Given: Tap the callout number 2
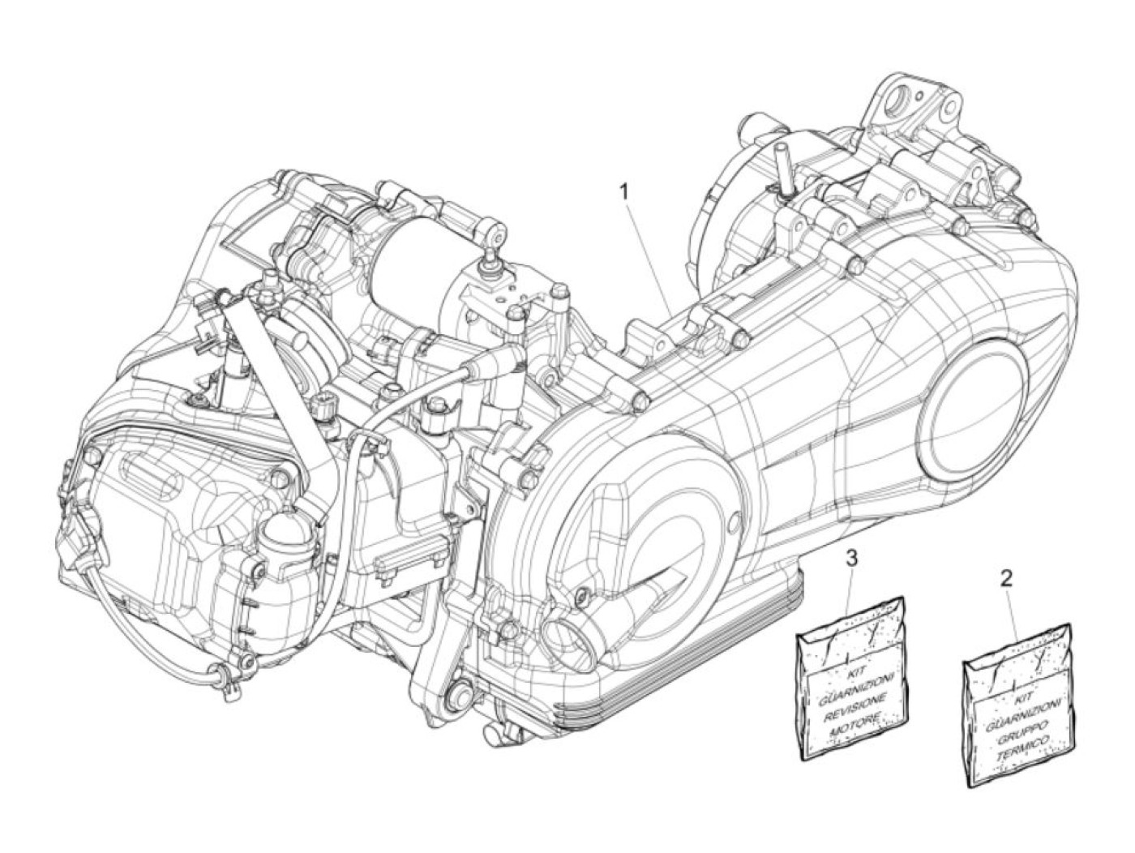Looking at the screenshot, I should [x=1006, y=578].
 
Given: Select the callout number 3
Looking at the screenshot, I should [x=850, y=557].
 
